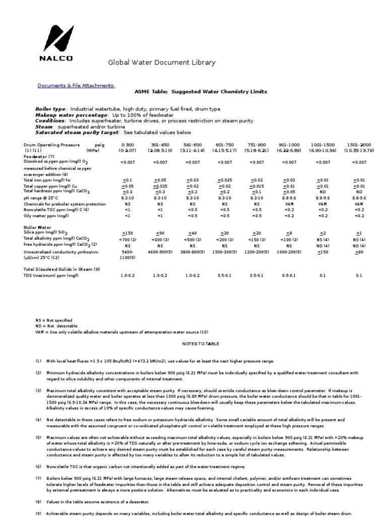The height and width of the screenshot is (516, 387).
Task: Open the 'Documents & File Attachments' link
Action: (76, 86)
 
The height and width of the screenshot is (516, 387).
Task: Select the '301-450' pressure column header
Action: (160, 145)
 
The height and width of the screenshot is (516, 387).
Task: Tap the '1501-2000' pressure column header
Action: (359, 145)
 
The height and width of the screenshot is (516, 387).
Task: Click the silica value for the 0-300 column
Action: (127, 233)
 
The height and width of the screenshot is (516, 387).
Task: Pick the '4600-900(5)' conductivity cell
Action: (160, 251)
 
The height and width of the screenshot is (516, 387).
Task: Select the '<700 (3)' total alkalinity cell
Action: (127, 239)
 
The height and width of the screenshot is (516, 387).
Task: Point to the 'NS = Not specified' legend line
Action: (53, 320)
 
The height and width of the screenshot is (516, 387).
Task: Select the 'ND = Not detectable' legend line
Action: (54, 326)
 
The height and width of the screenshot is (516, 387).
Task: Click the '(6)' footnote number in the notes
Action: (38, 466)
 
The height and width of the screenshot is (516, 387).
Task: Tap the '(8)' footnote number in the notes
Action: (38, 502)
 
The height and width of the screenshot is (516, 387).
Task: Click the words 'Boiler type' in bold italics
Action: (50, 109)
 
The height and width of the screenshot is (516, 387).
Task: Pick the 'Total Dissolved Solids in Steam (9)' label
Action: (62, 269)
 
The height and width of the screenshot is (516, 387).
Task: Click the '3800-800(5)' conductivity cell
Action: (192, 251)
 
